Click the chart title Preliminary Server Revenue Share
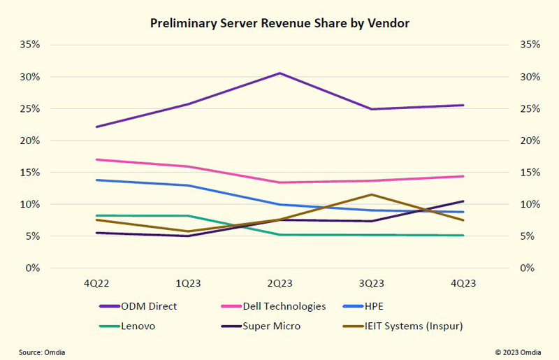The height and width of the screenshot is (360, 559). coord(279,24)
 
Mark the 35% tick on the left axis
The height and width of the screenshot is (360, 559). coord(31,45)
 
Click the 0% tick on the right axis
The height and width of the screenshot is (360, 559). coord(530,268)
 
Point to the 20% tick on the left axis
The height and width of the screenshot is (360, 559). coord(31,141)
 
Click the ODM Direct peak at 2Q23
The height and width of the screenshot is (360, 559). coord(279,73)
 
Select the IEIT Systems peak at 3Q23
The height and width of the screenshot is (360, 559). coord(371,194)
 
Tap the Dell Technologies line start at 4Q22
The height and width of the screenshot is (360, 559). coord(96,159)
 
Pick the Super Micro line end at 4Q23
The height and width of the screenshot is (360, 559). coord(463,201)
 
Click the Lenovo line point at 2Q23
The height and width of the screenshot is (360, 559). coord(279,234)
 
